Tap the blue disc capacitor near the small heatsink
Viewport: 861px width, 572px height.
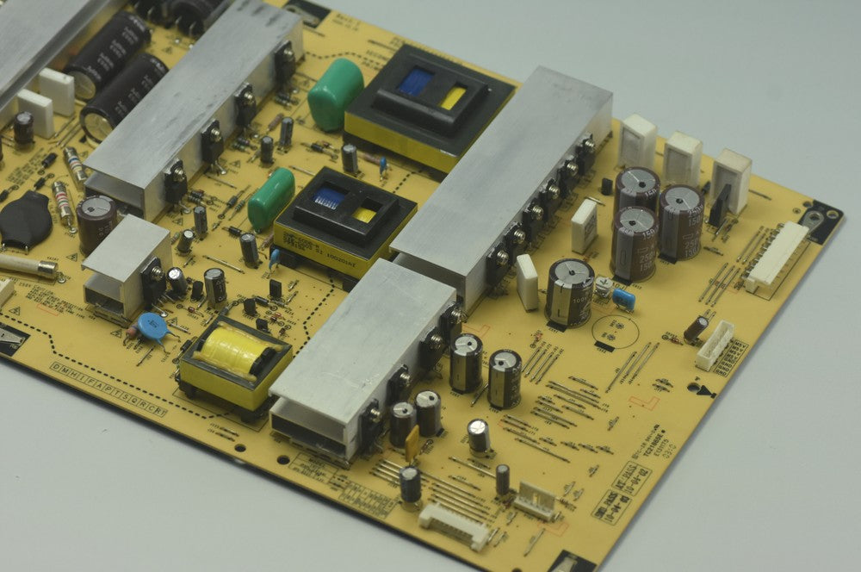pos(152,326)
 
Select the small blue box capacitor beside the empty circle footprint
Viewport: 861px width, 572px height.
pos(624,299)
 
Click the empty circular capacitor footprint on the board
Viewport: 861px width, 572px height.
pos(615,332)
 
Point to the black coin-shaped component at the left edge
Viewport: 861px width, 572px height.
pos(25,219)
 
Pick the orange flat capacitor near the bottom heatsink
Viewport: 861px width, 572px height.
pos(412,440)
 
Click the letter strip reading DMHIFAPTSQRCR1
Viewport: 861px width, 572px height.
pos(108,390)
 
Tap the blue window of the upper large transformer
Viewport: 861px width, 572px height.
pos(415,82)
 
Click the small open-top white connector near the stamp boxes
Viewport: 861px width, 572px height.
pos(536,501)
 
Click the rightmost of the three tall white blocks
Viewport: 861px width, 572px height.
pos(731,180)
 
